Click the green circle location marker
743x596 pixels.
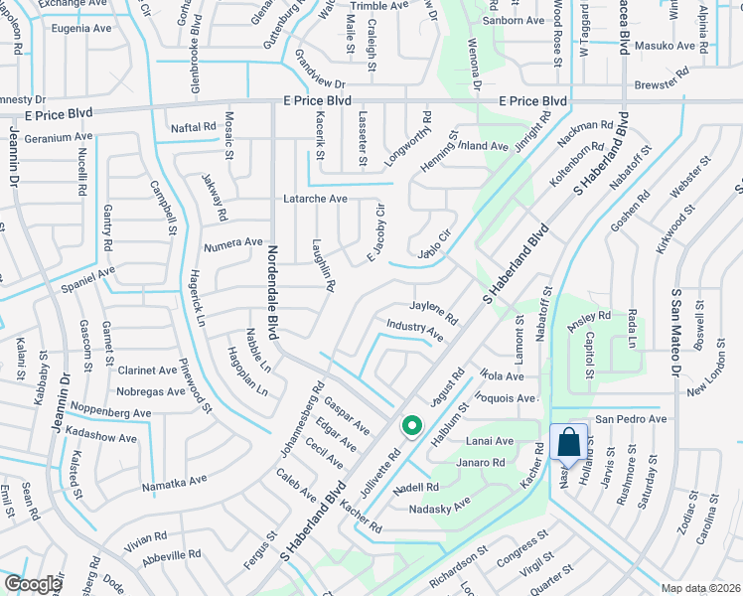click(411, 427)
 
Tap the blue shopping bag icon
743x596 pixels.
click(568, 442)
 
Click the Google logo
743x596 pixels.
click(33, 584)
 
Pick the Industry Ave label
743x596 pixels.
click(415, 329)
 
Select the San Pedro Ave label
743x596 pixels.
click(631, 419)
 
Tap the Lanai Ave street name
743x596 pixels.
click(491, 441)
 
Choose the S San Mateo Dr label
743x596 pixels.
click(675, 330)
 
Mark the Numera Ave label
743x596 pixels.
click(233, 241)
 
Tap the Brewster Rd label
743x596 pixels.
click(662, 73)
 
